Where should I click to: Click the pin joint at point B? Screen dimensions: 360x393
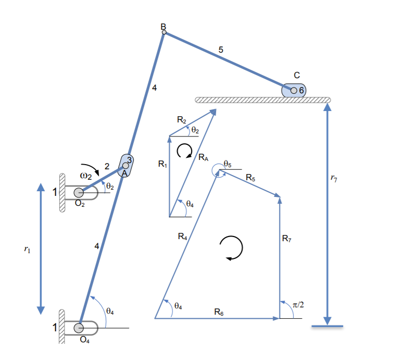tap(164, 32)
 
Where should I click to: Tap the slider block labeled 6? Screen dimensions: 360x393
tap(294, 90)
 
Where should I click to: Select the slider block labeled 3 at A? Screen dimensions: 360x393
tap(125, 165)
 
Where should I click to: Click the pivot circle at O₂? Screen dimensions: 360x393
tap(79, 192)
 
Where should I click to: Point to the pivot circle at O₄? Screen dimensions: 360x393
tap(79, 328)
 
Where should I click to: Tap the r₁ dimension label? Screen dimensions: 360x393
tap(28, 250)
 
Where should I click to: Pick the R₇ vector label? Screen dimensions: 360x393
tap(287, 239)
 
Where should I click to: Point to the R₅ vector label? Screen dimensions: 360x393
tap(250, 178)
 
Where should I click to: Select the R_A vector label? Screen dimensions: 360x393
tap(203, 157)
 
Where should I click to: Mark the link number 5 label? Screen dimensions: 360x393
tap(221, 50)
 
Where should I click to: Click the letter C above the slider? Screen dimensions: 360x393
tap(296, 75)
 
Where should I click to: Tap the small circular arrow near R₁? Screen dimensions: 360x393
tap(184, 151)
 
